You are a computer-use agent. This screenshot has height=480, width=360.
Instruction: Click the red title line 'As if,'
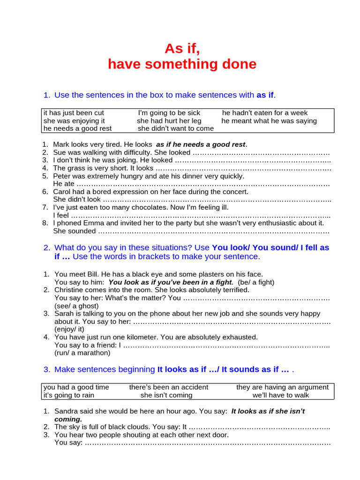pos(182,49)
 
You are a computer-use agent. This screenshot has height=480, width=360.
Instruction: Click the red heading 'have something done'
pos(182,64)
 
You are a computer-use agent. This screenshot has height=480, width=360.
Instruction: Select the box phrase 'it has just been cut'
pos(74,113)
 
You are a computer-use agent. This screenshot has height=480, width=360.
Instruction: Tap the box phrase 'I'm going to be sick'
pos(169,113)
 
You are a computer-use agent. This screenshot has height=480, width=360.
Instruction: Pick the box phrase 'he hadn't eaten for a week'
pos(265,113)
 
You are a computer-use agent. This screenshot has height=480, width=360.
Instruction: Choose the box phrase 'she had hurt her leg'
pos(169,121)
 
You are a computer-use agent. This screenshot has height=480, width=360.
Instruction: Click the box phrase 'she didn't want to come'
pos(176,128)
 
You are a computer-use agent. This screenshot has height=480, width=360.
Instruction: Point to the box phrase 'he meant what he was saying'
pos(269,121)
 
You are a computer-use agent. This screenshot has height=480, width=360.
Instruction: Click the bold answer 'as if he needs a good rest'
pos(201,144)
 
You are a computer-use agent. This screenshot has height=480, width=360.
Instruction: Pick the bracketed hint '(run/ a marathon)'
pos(82,352)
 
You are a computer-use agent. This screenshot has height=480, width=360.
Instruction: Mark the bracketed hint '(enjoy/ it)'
pos(71,329)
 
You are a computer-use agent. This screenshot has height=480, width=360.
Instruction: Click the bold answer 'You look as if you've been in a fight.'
pos(171,282)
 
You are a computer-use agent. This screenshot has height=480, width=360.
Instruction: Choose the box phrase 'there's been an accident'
pos(169,387)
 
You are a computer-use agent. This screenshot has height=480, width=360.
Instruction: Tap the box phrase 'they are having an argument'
pos(282,387)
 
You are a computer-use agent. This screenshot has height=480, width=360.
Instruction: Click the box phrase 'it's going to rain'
pos(69,395)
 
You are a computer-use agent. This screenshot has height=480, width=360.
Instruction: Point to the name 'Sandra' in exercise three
pos(67,411)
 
